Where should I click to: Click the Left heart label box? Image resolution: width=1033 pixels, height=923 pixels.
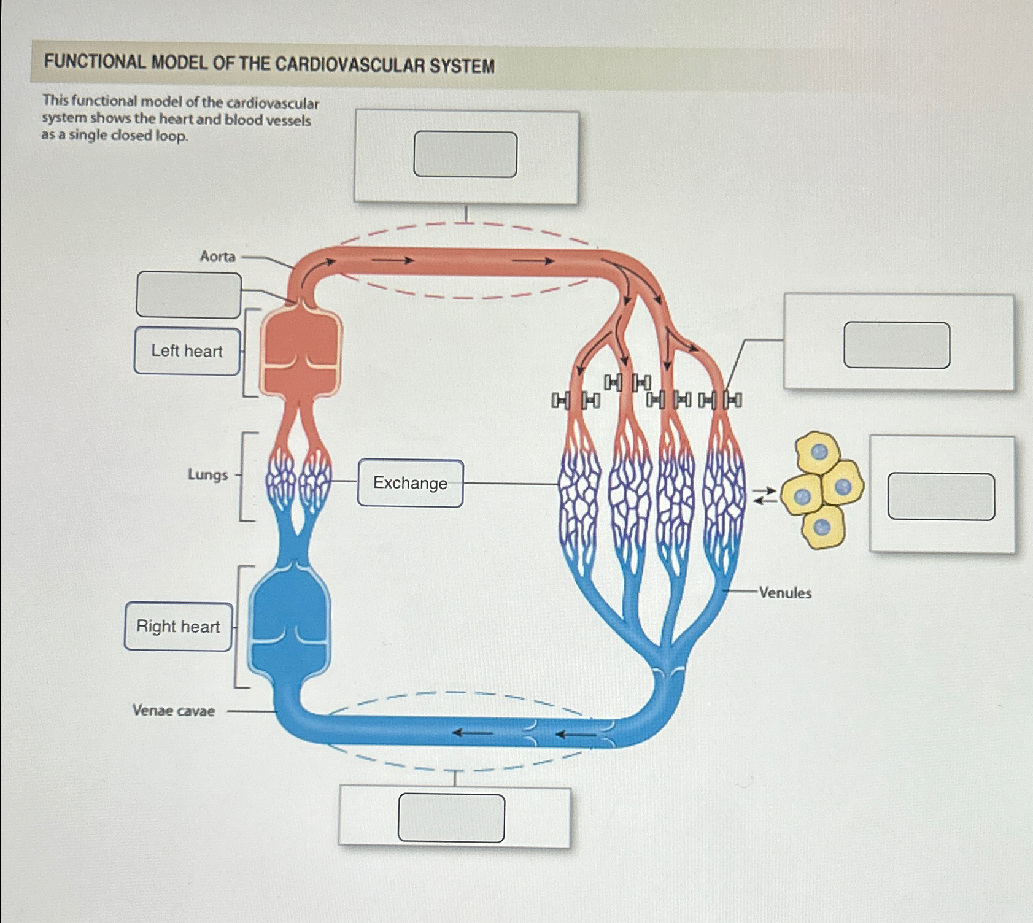[187, 351]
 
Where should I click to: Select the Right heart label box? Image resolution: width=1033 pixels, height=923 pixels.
[178, 627]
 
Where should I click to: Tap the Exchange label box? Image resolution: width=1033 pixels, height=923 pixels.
[410, 483]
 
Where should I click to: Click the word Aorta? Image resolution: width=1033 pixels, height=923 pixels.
[217, 257]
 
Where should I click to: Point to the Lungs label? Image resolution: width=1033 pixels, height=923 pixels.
[207, 475]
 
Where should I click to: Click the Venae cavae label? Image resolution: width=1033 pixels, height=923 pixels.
[174, 711]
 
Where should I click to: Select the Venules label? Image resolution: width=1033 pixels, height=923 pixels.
[785, 593]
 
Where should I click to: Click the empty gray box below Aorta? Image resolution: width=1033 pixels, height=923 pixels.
[188, 295]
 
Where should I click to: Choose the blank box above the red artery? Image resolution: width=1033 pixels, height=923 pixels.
[465, 155]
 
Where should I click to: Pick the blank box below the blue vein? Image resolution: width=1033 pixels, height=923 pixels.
[451, 818]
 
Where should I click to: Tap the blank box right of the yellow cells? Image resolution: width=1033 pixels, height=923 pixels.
[941, 496]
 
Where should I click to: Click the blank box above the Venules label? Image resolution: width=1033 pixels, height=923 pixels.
[897, 346]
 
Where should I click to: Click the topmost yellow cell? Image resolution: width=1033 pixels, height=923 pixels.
[817, 452]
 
